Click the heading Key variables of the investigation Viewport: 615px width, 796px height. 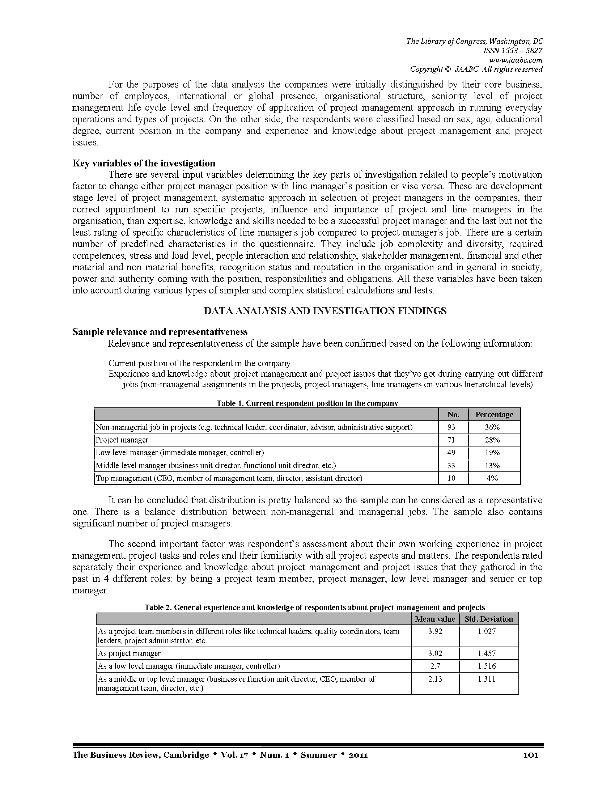pos(144,163)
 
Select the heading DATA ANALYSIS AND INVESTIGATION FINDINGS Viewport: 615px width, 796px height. pos(325,311)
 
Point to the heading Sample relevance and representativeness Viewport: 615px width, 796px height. pos(160,332)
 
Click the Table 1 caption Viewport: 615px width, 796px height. pos(307,403)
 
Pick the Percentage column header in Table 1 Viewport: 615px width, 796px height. pos(494,414)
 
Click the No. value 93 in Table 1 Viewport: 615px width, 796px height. pos(451,427)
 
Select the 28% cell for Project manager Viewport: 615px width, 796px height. pos(492,440)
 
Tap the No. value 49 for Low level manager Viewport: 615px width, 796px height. pos(451,453)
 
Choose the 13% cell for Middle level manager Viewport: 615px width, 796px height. pos(492,465)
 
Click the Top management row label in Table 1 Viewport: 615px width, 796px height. pos(229,478)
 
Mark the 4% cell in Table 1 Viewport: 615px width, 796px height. pos(492,478)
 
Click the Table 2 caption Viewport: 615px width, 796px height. pos(314,607)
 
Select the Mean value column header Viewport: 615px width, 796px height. pos(435,619)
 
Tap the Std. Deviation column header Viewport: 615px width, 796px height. pos(489,619)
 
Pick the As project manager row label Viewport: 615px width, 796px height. pos(129,653)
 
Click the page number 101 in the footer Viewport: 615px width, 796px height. pos(530,755)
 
